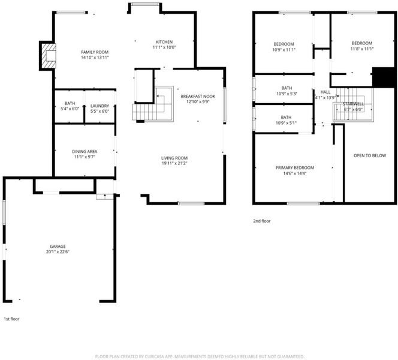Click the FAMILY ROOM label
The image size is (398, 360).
[x=95, y=52]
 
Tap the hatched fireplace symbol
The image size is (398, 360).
[x=49, y=56]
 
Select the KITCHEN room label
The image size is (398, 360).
[x=164, y=42]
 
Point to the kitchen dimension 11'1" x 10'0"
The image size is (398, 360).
[x=164, y=47]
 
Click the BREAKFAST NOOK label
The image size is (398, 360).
[x=198, y=96]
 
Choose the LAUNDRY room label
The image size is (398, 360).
[x=99, y=106]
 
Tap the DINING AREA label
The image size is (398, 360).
[x=85, y=151]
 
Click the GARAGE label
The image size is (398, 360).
[x=58, y=246]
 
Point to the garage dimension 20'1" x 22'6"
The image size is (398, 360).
[x=58, y=252]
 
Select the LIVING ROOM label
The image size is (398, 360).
[x=174, y=158]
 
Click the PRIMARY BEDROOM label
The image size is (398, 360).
[x=295, y=167]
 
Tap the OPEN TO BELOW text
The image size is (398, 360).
[x=370, y=155]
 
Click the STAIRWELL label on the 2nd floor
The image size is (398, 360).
[x=353, y=104]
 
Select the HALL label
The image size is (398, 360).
[x=325, y=92]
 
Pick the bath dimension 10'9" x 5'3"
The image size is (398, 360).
[x=287, y=94]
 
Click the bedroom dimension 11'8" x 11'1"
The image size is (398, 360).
[x=362, y=49]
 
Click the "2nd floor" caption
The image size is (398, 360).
[x=262, y=221]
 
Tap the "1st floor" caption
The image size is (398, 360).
[x=11, y=319]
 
